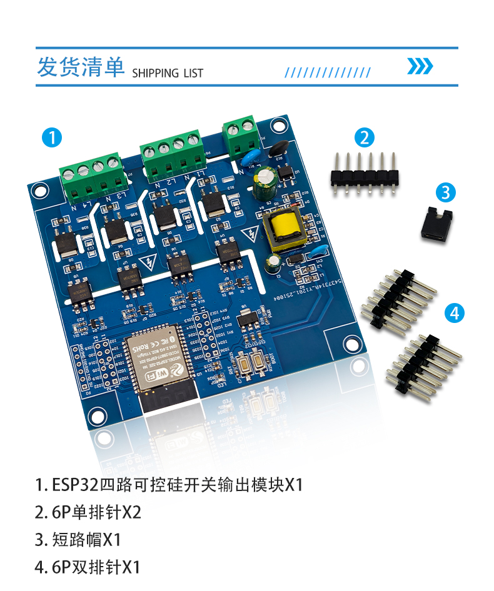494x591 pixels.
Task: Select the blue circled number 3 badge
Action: coord(445,192)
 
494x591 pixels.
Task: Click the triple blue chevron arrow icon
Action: coord(420,66)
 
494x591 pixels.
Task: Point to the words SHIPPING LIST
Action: coord(168,73)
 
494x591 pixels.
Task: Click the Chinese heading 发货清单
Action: coord(81,67)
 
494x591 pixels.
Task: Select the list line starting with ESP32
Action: coord(169,485)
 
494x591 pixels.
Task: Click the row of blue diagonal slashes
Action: coord(328,72)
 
